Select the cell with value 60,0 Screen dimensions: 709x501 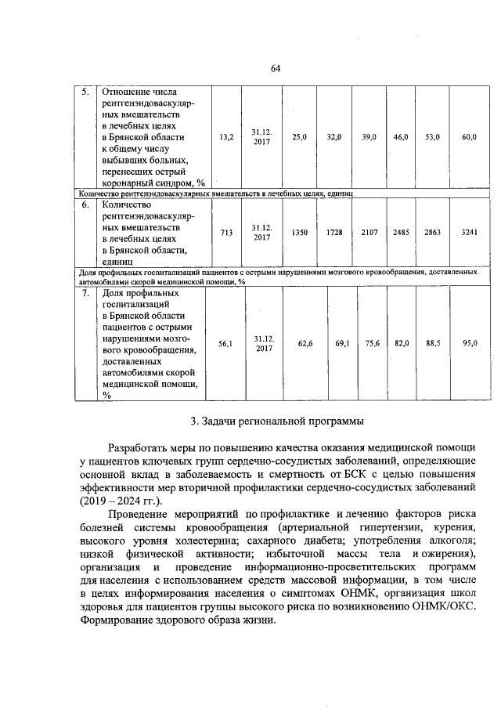(469, 136)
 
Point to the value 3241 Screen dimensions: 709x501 (468, 233)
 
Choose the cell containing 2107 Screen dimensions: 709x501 (369, 233)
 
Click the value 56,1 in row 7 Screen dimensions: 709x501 (225, 343)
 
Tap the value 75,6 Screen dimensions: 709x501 (373, 343)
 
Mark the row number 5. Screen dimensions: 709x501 (86, 92)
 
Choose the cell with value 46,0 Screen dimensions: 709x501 (401, 136)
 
